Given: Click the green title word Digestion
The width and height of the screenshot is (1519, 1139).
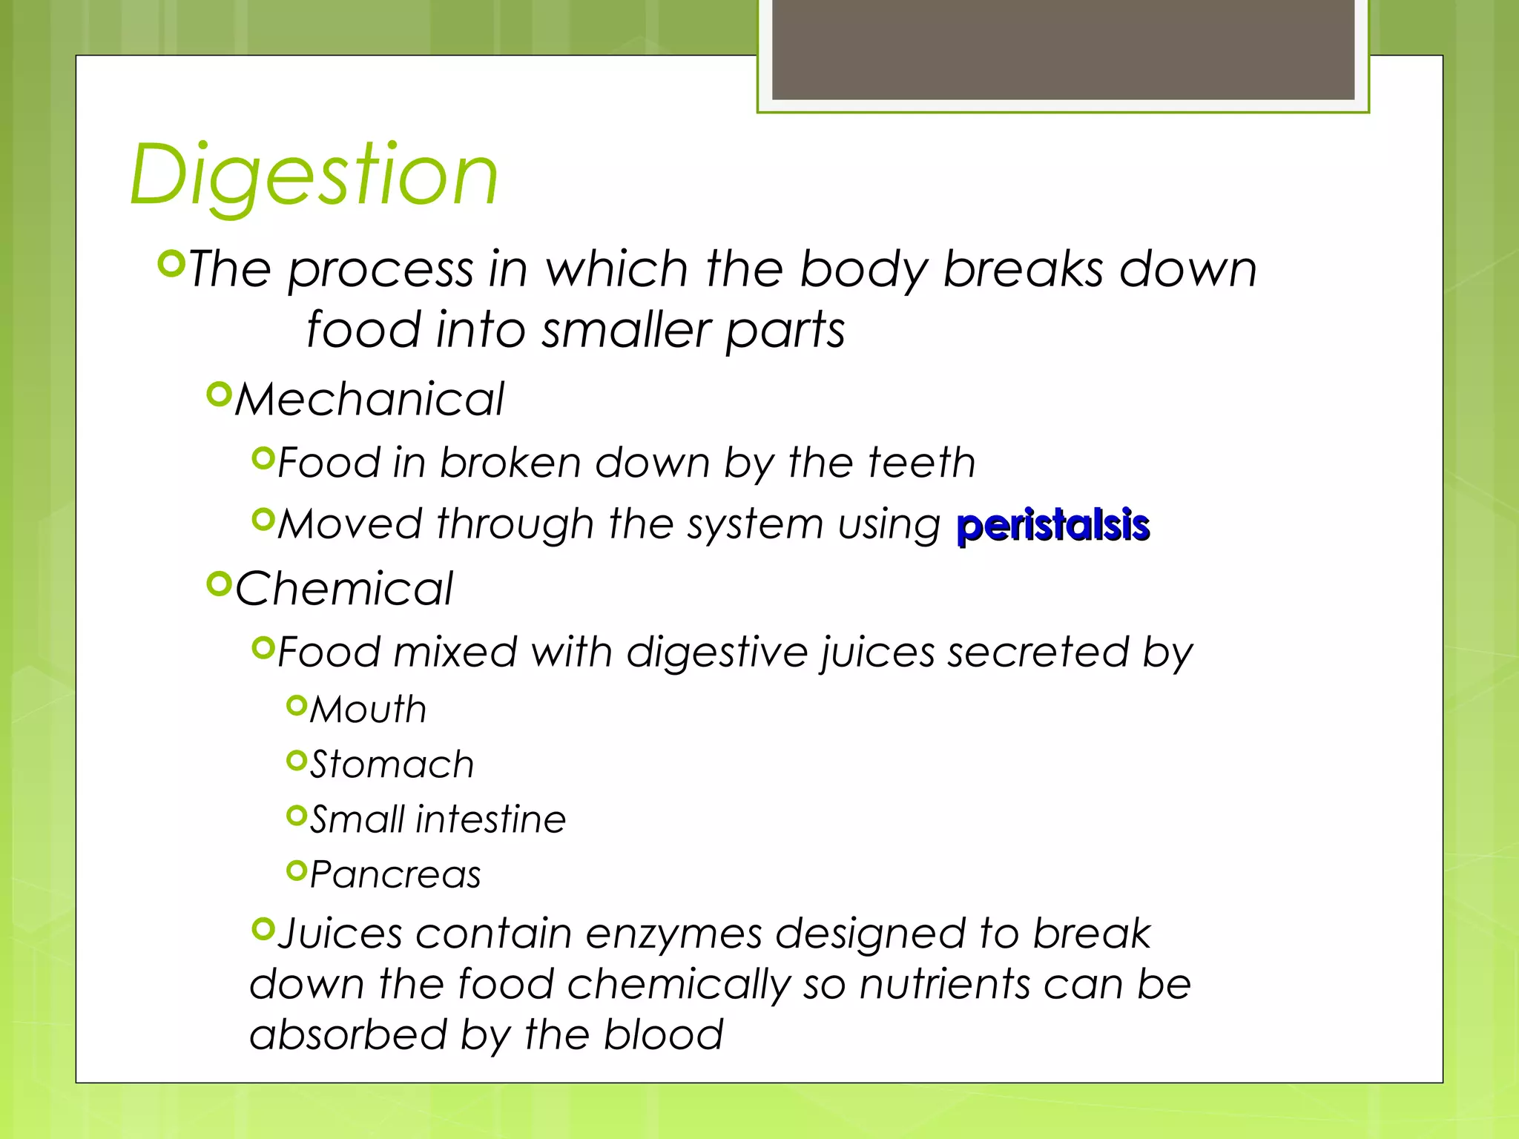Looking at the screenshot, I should pyautogui.click(x=314, y=175).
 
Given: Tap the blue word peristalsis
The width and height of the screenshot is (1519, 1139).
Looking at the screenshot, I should pyautogui.click(x=1052, y=526).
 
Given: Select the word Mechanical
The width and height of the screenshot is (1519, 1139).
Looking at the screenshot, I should pyautogui.click(x=369, y=400).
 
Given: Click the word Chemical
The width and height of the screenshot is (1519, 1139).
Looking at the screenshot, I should pyautogui.click(x=344, y=589).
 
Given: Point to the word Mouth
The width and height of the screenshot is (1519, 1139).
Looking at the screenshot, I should pyautogui.click(x=368, y=710).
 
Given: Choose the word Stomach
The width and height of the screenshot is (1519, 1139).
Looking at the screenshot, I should pyautogui.click(x=392, y=765).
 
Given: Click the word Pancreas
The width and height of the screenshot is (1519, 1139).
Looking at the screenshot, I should pyautogui.click(x=395, y=874).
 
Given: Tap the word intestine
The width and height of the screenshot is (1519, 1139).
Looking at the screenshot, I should pyautogui.click(x=490, y=819).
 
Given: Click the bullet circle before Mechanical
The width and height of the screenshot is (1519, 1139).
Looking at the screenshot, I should pyautogui.click(x=220, y=394).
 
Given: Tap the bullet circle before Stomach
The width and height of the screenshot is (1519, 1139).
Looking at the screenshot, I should pyautogui.click(x=296, y=760).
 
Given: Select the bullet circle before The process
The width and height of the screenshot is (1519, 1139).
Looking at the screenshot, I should pyautogui.click(x=171, y=263).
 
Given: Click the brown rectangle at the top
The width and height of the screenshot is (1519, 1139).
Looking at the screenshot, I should pyautogui.click(x=1063, y=49).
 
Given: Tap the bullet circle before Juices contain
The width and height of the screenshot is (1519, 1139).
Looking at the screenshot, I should pyautogui.click(x=263, y=928).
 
